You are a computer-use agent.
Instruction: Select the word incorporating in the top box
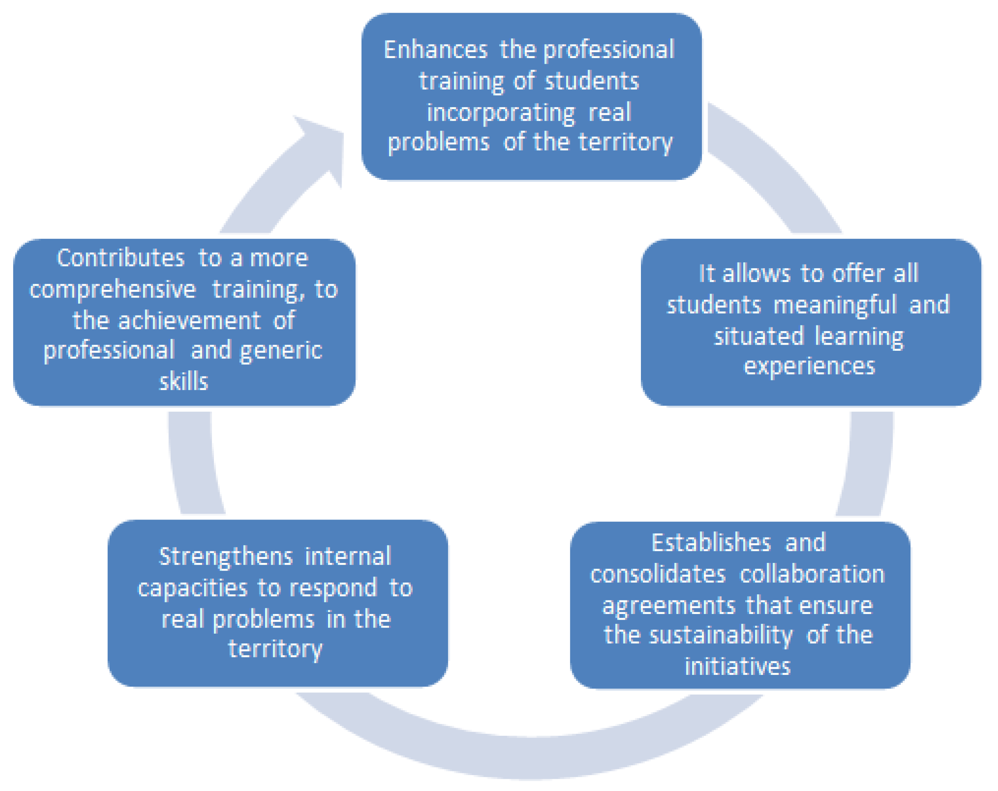(x=500, y=112)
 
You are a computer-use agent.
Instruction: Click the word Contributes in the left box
(x=120, y=258)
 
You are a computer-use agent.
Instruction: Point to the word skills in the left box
(x=184, y=382)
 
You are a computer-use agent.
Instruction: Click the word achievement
(x=189, y=320)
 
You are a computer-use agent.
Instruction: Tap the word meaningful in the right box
(x=835, y=305)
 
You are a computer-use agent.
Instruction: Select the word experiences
(x=809, y=366)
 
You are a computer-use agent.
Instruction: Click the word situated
(x=759, y=336)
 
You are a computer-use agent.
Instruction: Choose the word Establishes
(x=711, y=542)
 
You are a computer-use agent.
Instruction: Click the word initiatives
(x=738, y=666)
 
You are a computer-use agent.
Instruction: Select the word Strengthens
(x=225, y=556)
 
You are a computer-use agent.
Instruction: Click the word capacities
(x=193, y=588)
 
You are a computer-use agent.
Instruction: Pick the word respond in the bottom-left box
(x=333, y=588)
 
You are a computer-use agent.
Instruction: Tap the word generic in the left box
(x=281, y=351)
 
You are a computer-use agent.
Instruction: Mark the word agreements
(x=668, y=605)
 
